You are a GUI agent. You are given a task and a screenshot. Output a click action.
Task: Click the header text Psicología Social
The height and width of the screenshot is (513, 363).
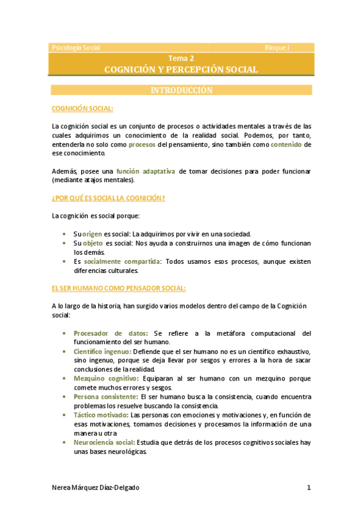click(76, 47)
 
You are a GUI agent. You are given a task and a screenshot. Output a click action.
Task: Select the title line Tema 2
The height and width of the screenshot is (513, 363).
click(181, 58)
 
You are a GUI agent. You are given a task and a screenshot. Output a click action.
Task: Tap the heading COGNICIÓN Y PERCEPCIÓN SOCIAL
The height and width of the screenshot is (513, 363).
click(181, 70)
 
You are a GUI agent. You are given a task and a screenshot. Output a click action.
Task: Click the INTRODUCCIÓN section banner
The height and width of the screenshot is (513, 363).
click(181, 90)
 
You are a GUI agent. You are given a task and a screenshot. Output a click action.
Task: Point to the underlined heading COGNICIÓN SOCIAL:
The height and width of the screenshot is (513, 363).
click(82, 108)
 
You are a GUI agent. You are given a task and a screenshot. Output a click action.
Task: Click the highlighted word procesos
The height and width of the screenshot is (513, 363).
click(142, 145)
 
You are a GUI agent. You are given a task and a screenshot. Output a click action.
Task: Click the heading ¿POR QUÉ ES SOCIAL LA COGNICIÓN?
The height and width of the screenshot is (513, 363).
click(109, 198)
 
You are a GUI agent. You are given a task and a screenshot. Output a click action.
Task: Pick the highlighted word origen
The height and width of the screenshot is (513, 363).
click(93, 234)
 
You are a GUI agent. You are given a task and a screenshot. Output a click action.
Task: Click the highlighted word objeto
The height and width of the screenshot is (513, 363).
click(93, 243)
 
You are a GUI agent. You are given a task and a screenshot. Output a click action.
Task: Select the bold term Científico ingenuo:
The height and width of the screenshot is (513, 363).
click(102, 351)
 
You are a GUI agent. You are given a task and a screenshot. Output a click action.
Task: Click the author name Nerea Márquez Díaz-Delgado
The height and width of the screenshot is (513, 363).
click(99, 488)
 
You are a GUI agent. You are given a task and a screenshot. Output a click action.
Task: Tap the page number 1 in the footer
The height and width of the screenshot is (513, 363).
click(308, 488)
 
